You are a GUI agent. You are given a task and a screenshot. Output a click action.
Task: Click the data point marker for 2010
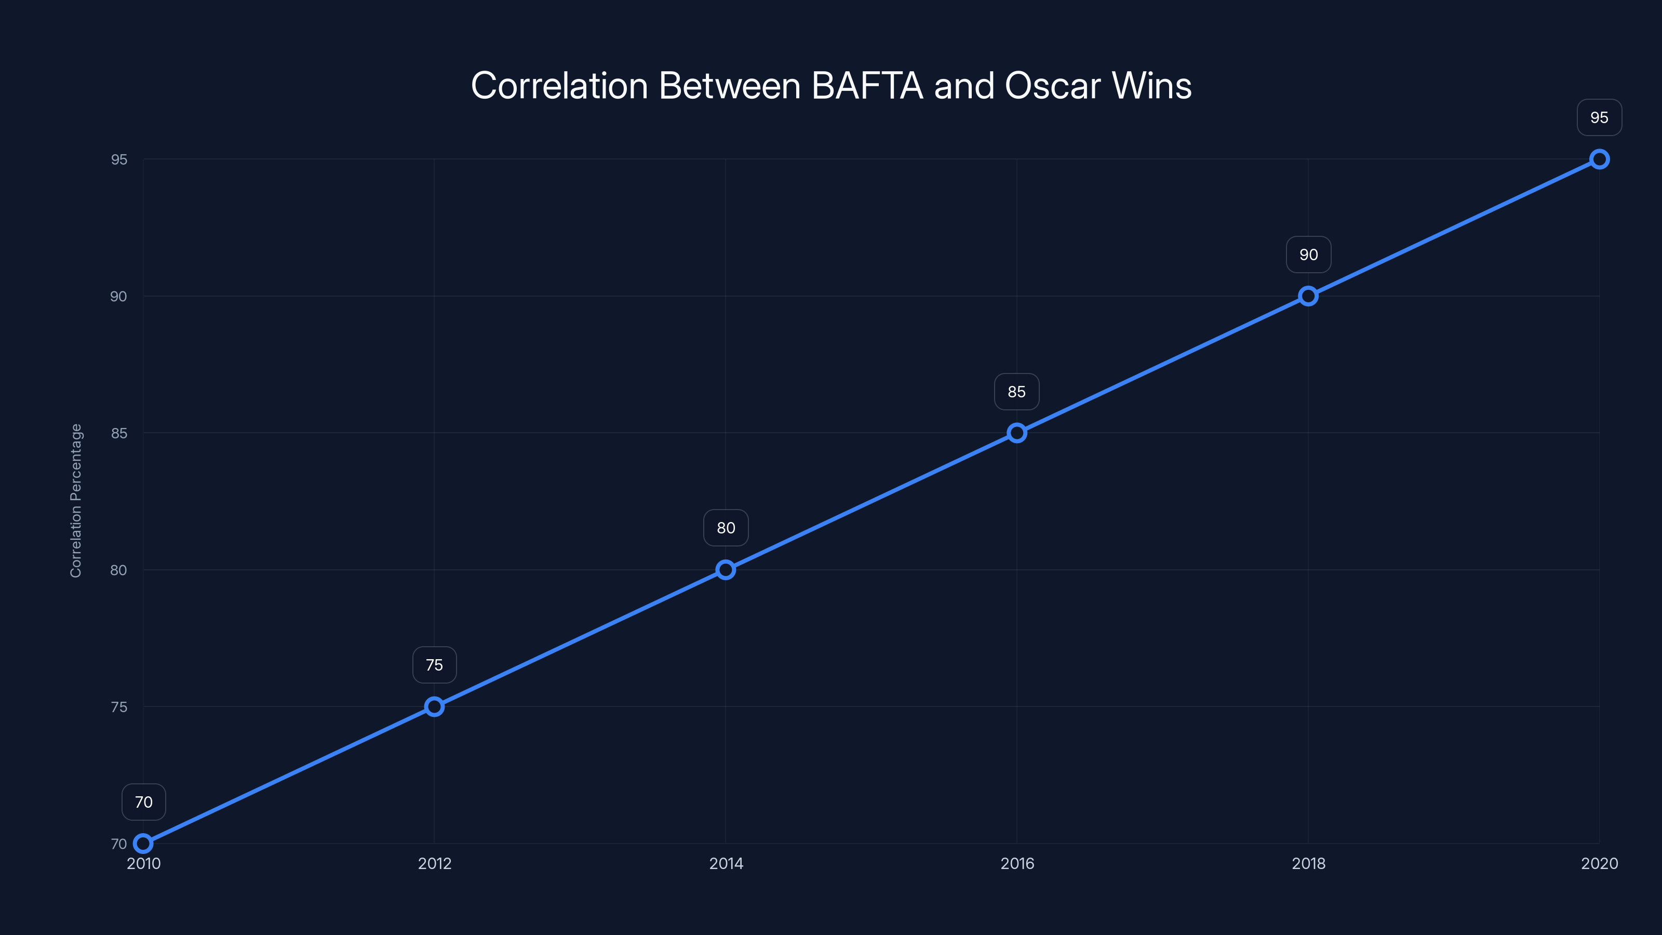coord(143,844)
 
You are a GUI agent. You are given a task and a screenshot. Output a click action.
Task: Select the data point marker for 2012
coord(434,706)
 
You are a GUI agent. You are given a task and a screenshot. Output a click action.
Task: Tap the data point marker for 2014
coord(726,570)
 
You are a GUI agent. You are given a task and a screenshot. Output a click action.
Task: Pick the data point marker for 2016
coord(1017,433)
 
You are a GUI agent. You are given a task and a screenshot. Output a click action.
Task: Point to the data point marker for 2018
coord(1308,296)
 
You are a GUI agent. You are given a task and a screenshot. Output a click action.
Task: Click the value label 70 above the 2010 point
coord(144,802)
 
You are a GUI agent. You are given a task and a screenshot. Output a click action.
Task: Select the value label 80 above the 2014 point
coord(726,528)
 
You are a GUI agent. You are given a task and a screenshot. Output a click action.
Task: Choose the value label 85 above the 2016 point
coord(1017,392)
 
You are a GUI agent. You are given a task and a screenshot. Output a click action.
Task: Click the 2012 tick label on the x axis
coord(434,863)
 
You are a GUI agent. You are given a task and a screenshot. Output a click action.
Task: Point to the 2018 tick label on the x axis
coord(1308,863)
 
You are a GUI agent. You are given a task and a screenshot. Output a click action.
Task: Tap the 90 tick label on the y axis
coord(119,296)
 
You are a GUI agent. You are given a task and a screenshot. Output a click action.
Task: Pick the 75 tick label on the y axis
coord(119,707)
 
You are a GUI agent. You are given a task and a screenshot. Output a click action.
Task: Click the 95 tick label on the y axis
coord(119,159)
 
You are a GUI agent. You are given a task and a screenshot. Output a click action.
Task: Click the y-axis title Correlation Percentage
coord(76,501)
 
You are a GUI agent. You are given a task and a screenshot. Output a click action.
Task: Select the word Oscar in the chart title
coord(1052,86)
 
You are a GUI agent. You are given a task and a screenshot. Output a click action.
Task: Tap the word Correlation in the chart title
coord(559,86)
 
